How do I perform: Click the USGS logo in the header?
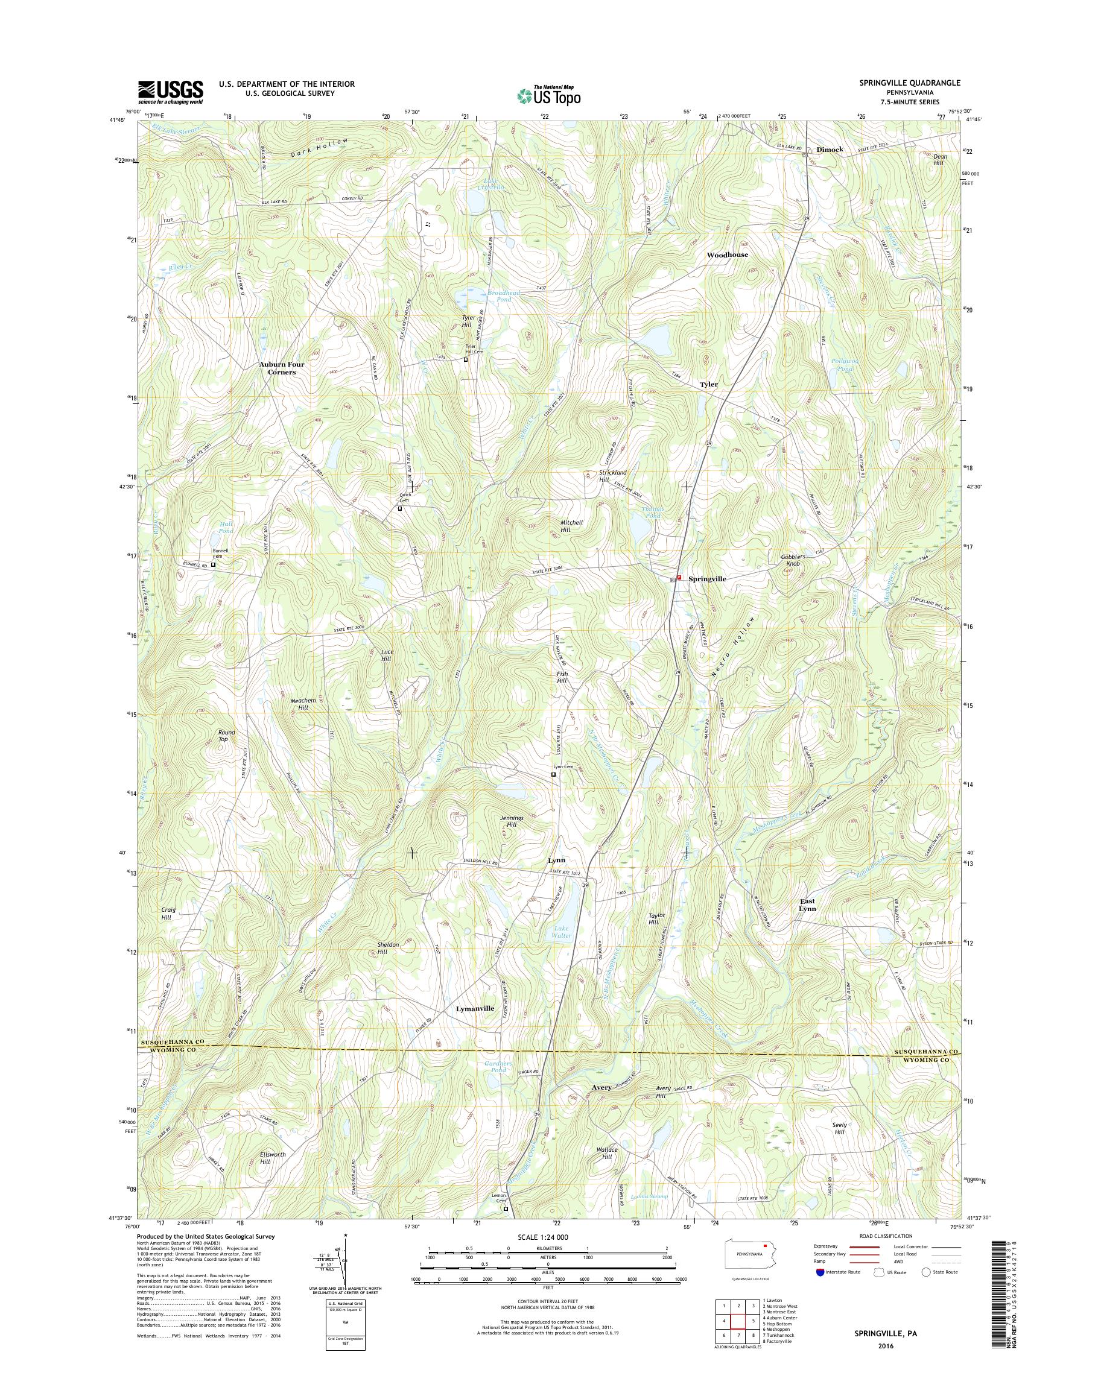(170, 92)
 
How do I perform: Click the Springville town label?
(707, 579)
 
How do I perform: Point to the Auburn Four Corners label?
(282, 368)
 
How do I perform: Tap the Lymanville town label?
(475, 1026)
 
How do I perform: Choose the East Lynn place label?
(807, 905)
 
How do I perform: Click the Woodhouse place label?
(727, 254)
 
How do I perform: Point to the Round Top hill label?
(226, 735)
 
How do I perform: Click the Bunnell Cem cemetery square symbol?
(214, 566)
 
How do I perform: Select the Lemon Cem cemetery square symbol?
(506, 1208)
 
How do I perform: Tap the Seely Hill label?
(840, 1128)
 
